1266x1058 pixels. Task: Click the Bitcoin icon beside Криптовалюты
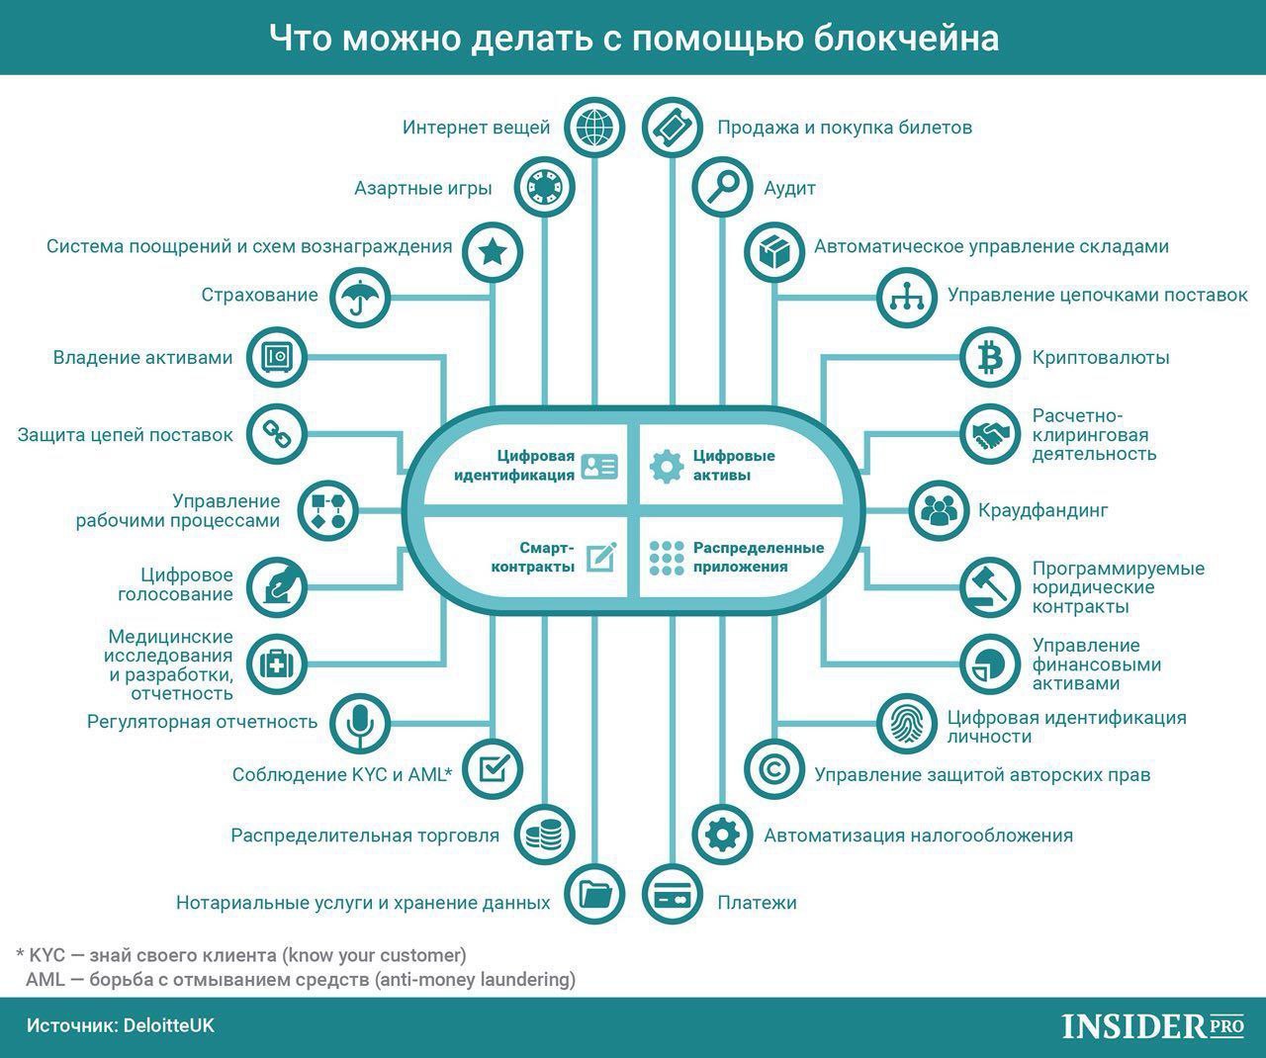click(990, 358)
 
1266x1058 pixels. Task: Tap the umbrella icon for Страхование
click(360, 297)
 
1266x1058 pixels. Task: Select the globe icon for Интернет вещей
click(594, 128)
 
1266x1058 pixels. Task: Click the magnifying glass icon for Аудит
click(722, 187)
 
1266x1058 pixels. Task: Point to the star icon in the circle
click(493, 251)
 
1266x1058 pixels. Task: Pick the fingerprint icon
click(906, 724)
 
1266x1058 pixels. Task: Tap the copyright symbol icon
click(774, 770)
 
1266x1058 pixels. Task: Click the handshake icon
click(990, 434)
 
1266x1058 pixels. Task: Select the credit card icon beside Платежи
click(672, 895)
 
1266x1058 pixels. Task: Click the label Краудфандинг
click(1042, 510)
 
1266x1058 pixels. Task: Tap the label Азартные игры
click(422, 188)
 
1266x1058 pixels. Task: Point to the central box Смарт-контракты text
click(532, 558)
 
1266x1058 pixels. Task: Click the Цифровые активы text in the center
click(734, 465)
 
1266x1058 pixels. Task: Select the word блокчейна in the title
click(906, 39)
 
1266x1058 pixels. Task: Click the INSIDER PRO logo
click(1153, 1026)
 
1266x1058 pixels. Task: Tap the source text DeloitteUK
click(168, 1025)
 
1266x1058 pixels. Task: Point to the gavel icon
click(990, 587)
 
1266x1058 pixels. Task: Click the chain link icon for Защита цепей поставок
click(277, 434)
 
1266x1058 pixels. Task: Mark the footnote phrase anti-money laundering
click(476, 979)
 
